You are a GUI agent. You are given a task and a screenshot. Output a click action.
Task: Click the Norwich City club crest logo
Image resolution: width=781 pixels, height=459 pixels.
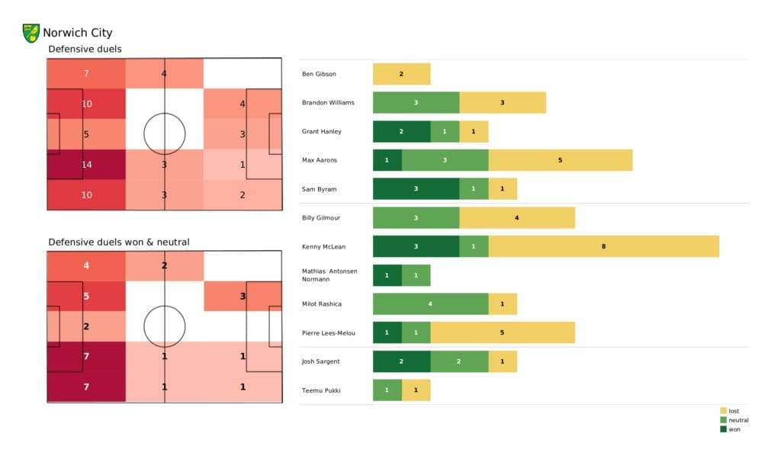pyautogui.click(x=31, y=33)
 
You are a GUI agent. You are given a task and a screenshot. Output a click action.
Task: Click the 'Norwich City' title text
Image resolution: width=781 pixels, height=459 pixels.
pyautogui.click(x=78, y=33)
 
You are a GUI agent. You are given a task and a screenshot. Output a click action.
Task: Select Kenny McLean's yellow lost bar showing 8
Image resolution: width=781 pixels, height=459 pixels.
pyautogui.click(x=603, y=246)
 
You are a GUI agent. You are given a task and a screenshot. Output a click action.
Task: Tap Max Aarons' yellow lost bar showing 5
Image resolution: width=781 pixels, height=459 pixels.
pyautogui.click(x=560, y=160)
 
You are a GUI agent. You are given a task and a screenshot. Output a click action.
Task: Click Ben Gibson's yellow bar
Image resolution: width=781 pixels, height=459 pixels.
pyautogui.click(x=401, y=74)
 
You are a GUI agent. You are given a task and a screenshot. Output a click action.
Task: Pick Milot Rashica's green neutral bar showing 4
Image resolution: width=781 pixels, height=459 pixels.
pyautogui.click(x=430, y=303)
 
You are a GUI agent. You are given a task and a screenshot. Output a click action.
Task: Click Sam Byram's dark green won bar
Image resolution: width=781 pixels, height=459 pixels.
pyautogui.click(x=416, y=189)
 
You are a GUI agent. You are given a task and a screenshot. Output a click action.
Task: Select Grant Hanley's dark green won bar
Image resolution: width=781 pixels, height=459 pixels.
pyautogui.click(x=401, y=131)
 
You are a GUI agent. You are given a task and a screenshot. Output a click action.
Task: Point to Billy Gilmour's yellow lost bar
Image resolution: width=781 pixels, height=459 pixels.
pyautogui.click(x=516, y=217)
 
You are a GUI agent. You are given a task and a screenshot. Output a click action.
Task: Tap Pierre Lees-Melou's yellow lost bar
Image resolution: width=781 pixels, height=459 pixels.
pyautogui.click(x=502, y=332)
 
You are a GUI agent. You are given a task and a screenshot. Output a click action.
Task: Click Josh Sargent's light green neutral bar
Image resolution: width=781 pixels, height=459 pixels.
pyautogui.click(x=459, y=361)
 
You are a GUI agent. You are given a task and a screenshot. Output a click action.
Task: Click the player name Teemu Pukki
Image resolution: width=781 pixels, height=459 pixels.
pyautogui.click(x=322, y=390)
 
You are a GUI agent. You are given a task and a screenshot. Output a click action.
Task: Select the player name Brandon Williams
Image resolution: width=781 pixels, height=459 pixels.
pyautogui.click(x=327, y=102)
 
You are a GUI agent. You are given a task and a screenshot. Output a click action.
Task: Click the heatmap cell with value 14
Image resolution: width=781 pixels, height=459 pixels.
pyautogui.click(x=86, y=164)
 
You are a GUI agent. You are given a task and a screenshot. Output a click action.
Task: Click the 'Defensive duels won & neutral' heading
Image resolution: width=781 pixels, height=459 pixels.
pyautogui.click(x=119, y=242)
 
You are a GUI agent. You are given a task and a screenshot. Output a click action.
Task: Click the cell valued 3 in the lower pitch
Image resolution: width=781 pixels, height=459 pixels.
pyautogui.click(x=243, y=296)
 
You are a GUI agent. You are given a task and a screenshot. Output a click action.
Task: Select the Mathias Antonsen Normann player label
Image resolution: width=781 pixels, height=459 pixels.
pyautogui.click(x=329, y=275)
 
